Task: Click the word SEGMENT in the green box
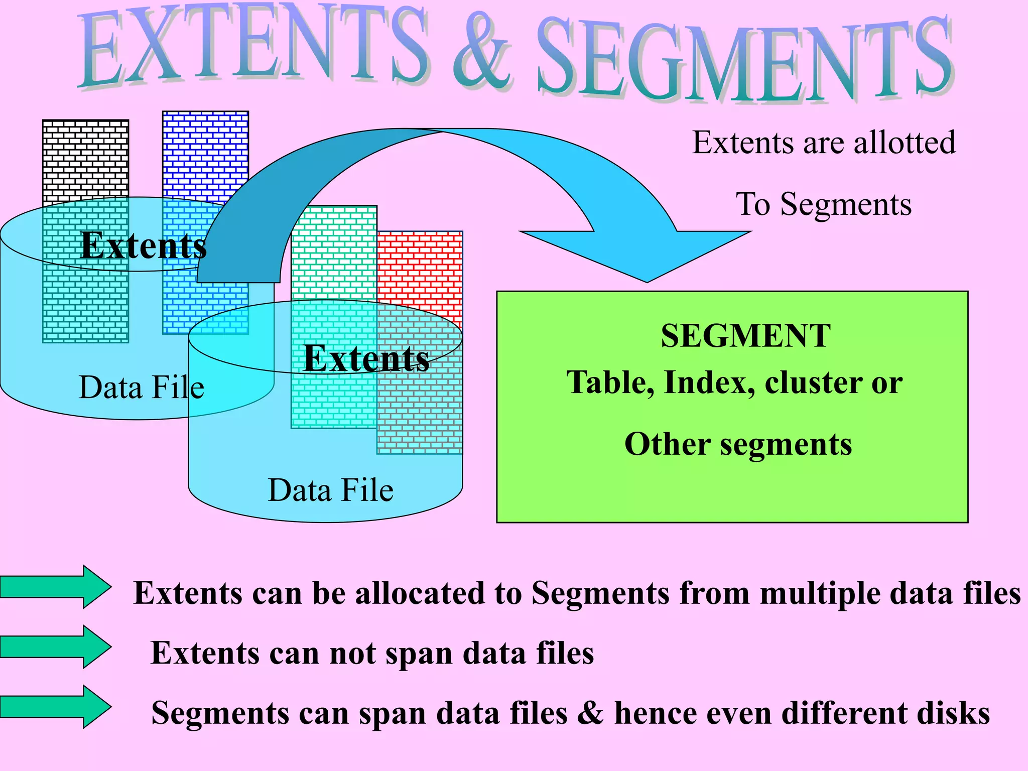pyautogui.click(x=745, y=336)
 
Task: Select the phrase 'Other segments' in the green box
pyautogui.click(x=738, y=444)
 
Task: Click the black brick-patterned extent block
pyautogui.click(x=85, y=161)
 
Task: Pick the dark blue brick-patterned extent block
pyautogui.click(x=205, y=151)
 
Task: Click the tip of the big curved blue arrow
pyautogui.click(x=647, y=281)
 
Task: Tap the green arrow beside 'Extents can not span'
pyautogui.click(x=55, y=647)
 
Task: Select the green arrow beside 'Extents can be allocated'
pyautogui.click(x=55, y=587)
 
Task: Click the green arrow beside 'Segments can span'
pyautogui.click(x=55, y=706)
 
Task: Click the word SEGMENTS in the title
pyautogui.click(x=743, y=60)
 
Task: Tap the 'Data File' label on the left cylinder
pyautogui.click(x=142, y=388)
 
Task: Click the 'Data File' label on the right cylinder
pyautogui.click(x=330, y=490)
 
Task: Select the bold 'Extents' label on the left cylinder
pyautogui.click(x=144, y=246)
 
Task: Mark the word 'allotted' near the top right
pyautogui.click(x=905, y=143)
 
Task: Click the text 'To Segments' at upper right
pyautogui.click(x=823, y=204)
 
